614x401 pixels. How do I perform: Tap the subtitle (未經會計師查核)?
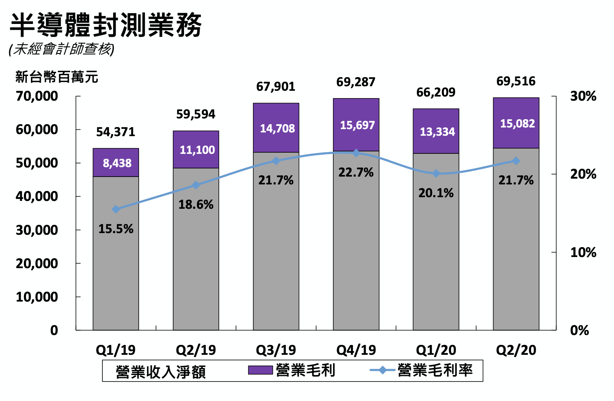coord(61,50)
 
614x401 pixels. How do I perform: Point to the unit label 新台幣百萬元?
coord(57,77)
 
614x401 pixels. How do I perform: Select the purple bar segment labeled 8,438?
coord(116,163)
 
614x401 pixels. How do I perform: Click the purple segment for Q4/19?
coord(356,125)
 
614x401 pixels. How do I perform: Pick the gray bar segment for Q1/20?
coord(436,248)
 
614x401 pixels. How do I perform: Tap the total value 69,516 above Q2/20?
coord(516,81)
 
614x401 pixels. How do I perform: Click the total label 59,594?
coord(196,114)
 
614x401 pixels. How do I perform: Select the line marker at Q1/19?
coord(116,209)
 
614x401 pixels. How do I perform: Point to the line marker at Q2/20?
coord(516,161)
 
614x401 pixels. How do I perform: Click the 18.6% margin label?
coord(196,205)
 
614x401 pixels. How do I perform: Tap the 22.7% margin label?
coord(356,172)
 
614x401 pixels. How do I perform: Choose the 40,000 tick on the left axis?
coord(37,196)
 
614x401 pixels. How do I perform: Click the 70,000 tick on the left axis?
coord(37,96)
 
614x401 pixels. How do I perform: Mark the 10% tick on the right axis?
coord(583,252)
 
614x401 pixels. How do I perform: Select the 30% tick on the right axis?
coord(583,96)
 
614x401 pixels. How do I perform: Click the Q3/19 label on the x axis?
coord(276,350)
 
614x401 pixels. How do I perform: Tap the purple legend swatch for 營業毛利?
coord(260,370)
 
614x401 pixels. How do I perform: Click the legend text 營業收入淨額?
coord(161,372)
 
